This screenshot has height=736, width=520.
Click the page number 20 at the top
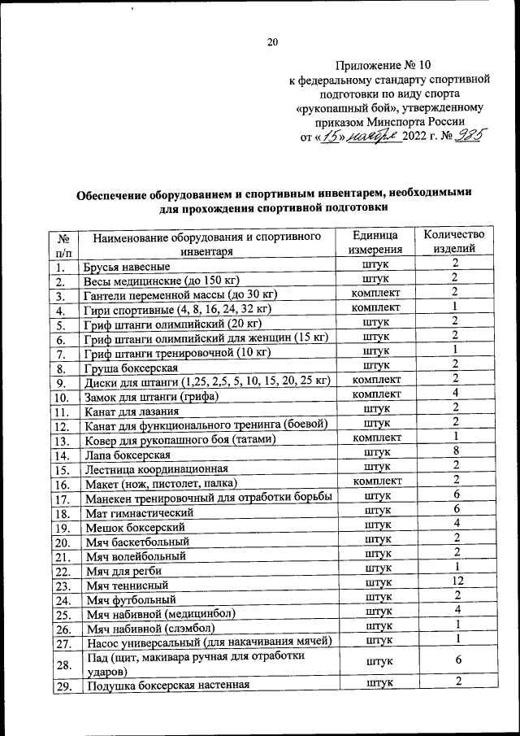[271, 43]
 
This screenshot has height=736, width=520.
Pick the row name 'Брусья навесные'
[128, 267]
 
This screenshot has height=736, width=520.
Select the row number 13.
[63, 441]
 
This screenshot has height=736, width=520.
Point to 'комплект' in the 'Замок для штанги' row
[375, 394]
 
